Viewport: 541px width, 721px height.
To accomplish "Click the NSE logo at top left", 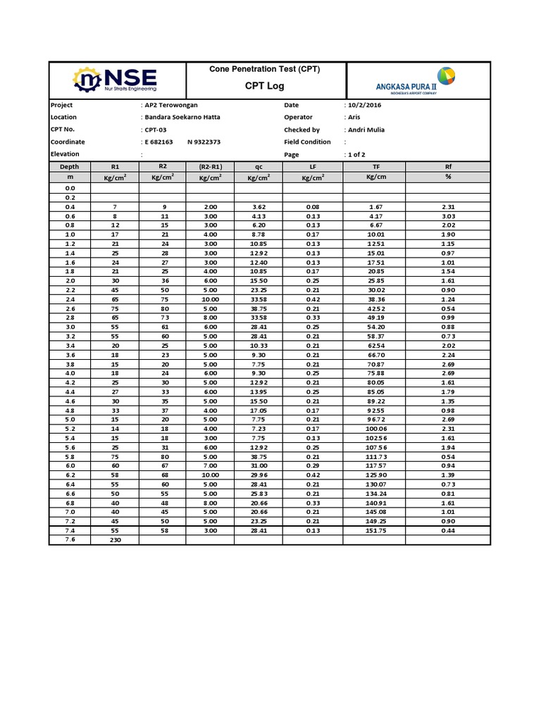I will click(x=117, y=80).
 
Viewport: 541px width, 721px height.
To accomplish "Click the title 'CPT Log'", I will click(x=265, y=85).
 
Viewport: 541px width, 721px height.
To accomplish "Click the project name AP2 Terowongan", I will click(x=171, y=105).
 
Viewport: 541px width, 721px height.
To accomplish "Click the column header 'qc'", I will click(x=258, y=166).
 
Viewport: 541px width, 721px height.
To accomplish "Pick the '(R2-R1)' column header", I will click(x=210, y=166).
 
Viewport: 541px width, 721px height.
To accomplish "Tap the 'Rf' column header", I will click(x=447, y=166).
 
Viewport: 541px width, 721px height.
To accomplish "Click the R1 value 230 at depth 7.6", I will click(x=115, y=539).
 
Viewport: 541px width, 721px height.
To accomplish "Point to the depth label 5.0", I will click(x=70, y=418).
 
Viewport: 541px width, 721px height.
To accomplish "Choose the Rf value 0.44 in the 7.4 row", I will click(x=447, y=530).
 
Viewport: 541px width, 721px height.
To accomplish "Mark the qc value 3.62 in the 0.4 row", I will click(x=258, y=207).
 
